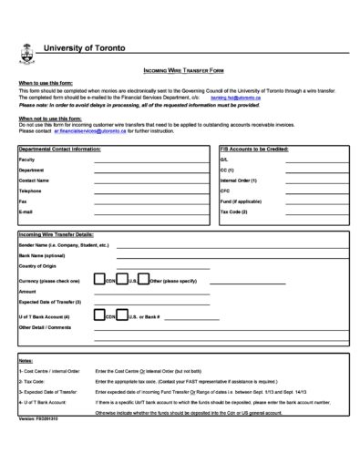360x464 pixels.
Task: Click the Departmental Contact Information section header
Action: tap(60, 148)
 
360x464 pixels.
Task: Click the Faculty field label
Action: tap(26, 160)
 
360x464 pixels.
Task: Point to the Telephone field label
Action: tap(30, 191)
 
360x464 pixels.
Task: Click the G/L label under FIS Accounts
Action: tap(224, 160)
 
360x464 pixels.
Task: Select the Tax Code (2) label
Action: tap(233, 211)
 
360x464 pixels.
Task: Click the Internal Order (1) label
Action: tap(240, 180)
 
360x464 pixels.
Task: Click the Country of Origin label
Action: tap(39, 265)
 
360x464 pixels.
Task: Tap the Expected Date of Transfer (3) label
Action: tap(50, 301)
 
